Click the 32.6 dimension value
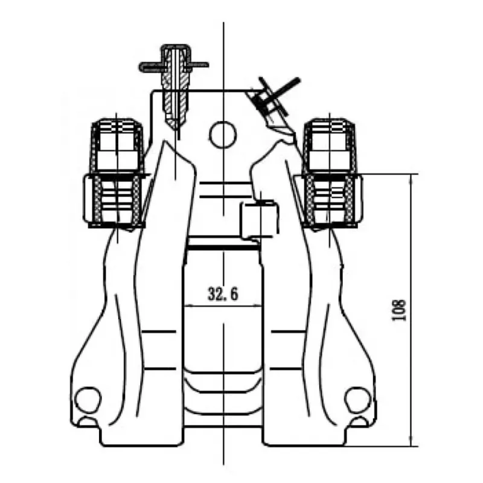click(x=223, y=294)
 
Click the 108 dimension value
click(x=399, y=310)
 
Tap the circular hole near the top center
click(x=223, y=135)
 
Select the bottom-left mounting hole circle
click(x=88, y=400)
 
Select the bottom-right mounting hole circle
click(x=358, y=400)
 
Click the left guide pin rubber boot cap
click(x=117, y=145)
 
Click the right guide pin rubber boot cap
click(x=330, y=145)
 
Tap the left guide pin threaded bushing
click(x=117, y=200)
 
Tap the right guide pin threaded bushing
click(x=330, y=200)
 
